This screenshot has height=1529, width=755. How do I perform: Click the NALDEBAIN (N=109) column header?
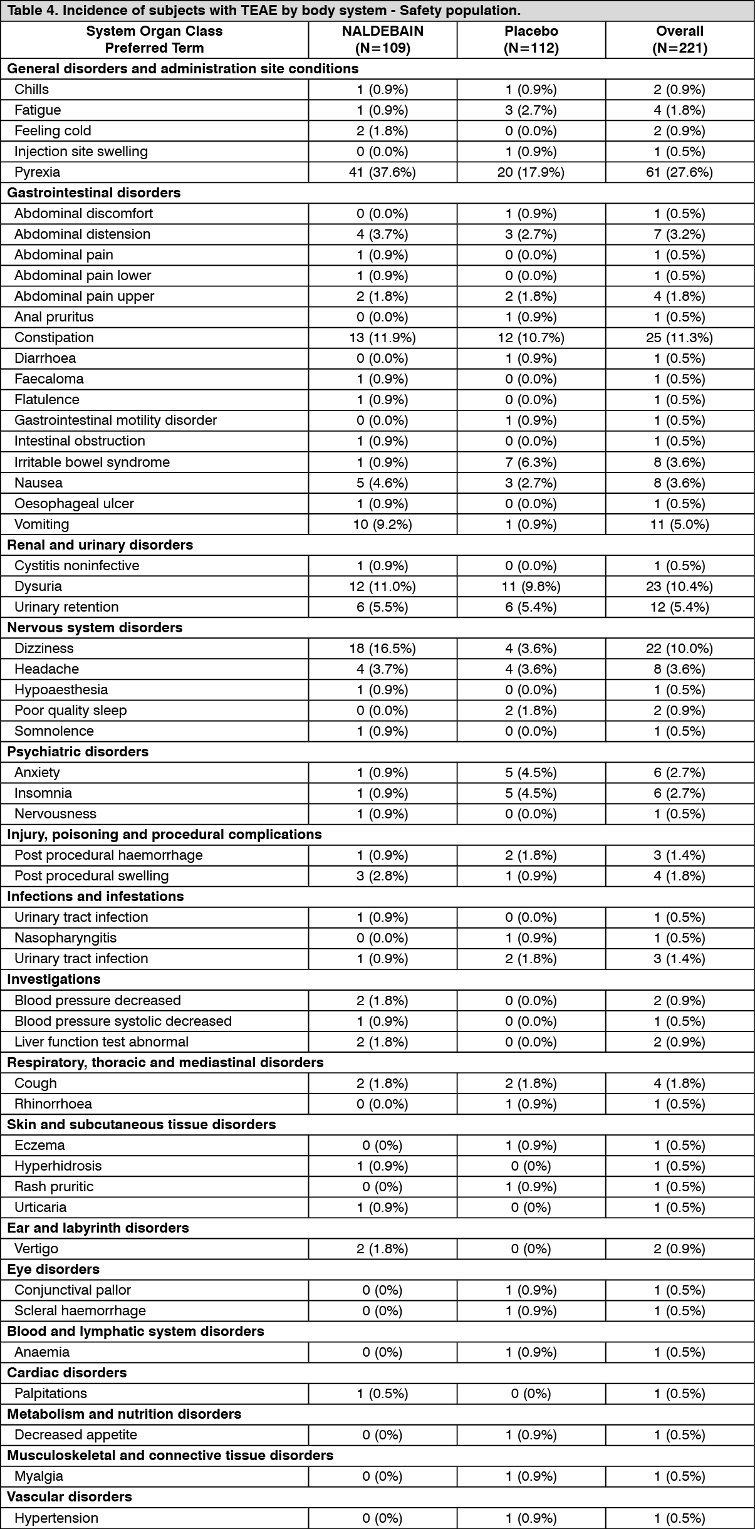(382, 39)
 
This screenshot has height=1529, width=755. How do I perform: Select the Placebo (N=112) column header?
(531, 39)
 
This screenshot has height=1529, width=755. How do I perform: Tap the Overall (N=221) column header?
(679, 39)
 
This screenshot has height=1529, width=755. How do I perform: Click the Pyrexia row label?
(38, 172)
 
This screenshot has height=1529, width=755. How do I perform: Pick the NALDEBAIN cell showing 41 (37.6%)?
(382, 172)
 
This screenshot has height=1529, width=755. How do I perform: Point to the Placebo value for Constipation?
(531, 338)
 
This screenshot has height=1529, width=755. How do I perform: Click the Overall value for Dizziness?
(679, 649)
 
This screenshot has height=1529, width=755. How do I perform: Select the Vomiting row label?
(42, 524)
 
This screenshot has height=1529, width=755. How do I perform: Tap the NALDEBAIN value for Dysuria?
(382, 587)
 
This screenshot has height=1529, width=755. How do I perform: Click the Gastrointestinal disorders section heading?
(94, 193)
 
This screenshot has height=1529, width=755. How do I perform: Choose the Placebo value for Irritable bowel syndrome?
(531, 462)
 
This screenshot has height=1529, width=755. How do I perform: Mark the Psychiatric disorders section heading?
(78, 752)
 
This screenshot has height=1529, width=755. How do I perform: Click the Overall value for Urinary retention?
(679, 607)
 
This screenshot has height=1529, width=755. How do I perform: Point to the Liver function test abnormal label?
(102, 1042)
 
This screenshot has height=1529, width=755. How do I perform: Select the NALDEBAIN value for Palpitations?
(382, 1394)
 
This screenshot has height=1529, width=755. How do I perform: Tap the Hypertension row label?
(56, 1518)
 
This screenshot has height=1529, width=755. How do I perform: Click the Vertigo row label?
(36, 1249)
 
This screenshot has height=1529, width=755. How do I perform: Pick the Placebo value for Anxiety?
(531, 773)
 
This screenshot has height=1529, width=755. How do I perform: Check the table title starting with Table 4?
(263, 11)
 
